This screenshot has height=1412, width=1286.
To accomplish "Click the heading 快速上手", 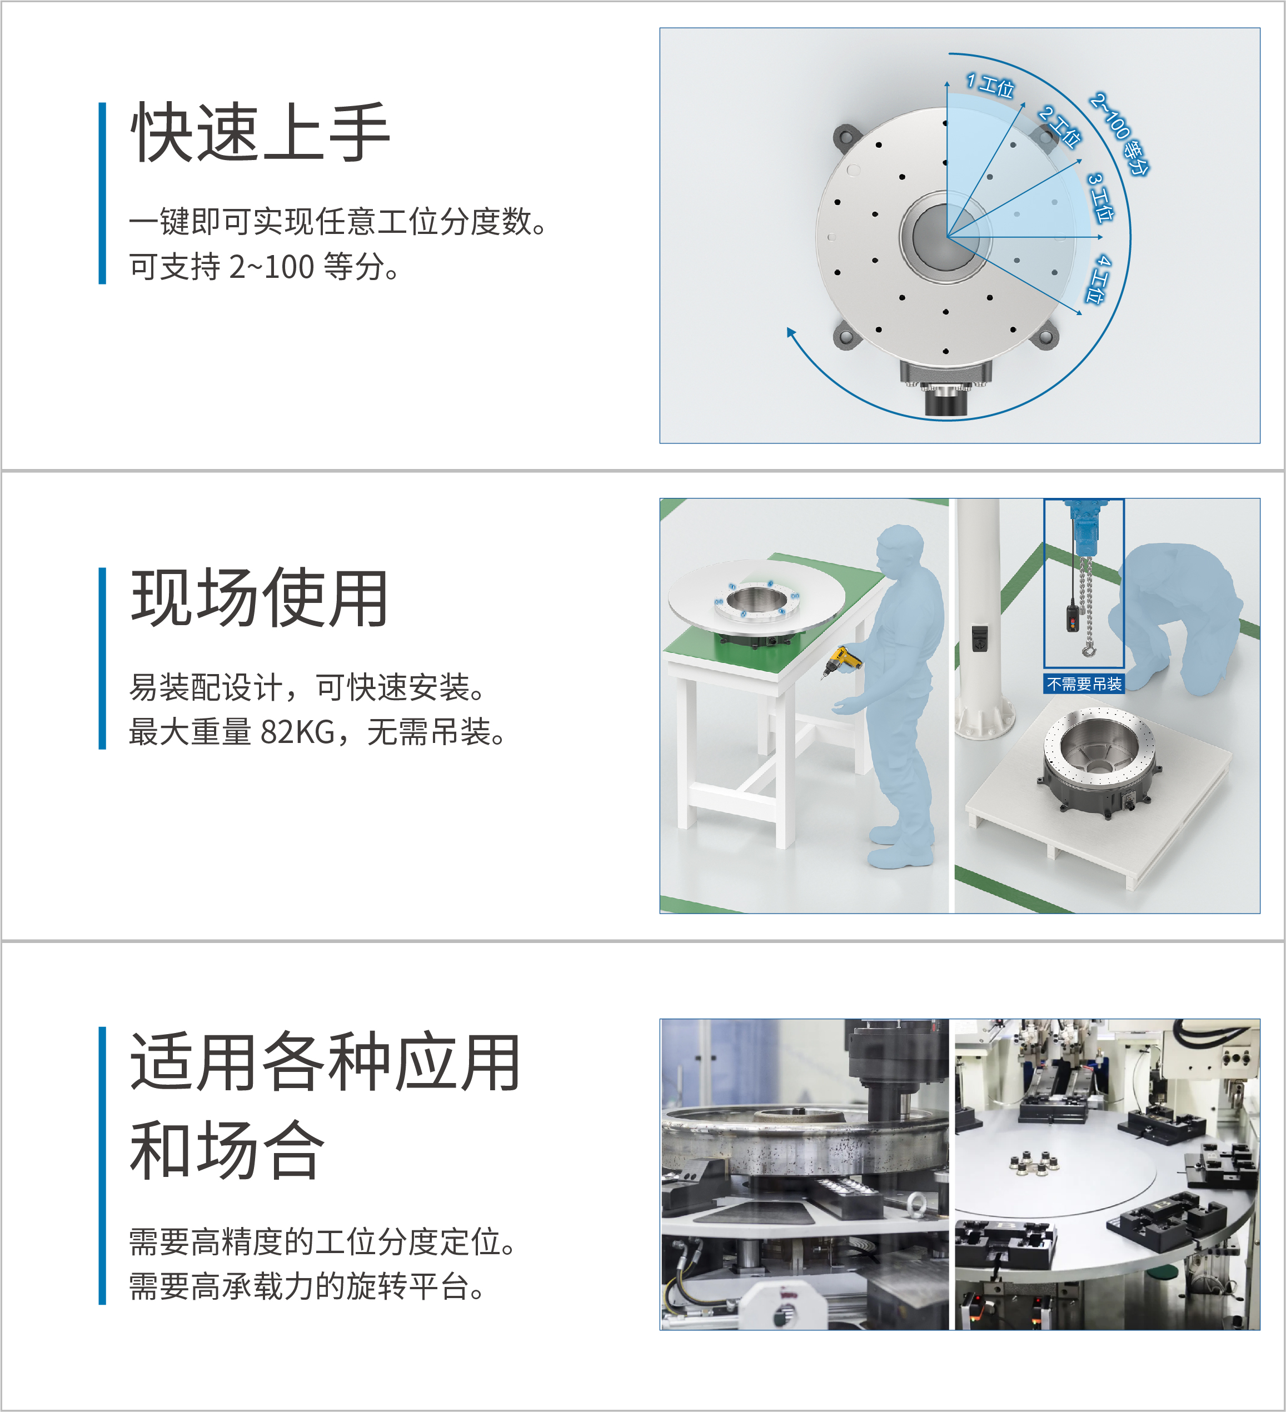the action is (x=260, y=132).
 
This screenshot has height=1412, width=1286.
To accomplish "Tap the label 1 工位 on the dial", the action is (x=990, y=85).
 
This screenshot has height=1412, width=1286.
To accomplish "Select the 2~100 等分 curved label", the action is (x=1120, y=133).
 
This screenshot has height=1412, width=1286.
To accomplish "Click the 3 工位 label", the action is (x=1100, y=197).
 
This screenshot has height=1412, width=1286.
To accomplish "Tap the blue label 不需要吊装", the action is (x=1084, y=683).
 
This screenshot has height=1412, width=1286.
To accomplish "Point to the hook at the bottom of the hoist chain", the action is (x=1088, y=651).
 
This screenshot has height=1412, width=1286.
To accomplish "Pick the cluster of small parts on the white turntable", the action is (x=1033, y=1162).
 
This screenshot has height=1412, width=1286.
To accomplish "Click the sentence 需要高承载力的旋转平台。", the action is (x=307, y=1286).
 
